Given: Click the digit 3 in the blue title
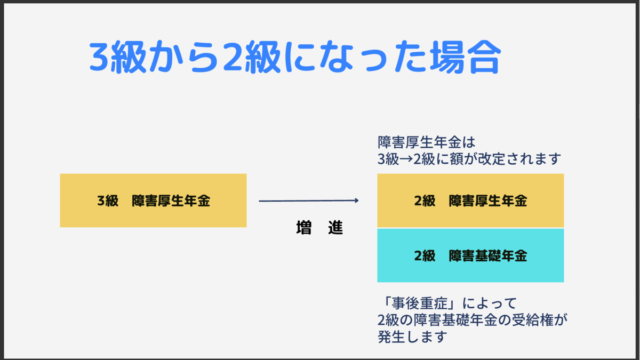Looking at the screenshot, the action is (x=99, y=57).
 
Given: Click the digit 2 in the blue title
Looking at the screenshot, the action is (x=233, y=57).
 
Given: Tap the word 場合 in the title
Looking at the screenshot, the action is (x=466, y=57).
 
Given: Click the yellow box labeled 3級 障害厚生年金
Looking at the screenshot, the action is (x=153, y=201).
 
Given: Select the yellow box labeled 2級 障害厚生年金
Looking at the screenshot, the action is (x=470, y=201).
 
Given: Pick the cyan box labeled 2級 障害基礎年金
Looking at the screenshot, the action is (x=470, y=255).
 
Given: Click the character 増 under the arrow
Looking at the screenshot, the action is (x=303, y=228).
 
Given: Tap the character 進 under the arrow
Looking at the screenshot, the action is (x=335, y=228).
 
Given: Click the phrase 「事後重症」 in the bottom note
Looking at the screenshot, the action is (x=420, y=303).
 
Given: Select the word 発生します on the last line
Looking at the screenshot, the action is (x=412, y=337).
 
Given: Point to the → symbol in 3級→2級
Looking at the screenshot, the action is (x=406, y=159).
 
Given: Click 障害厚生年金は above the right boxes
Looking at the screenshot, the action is (x=426, y=142).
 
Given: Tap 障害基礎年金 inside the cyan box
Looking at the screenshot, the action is (x=488, y=255).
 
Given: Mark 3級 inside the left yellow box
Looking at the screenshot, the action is (x=108, y=201).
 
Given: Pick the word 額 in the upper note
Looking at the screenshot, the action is (x=457, y=159).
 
